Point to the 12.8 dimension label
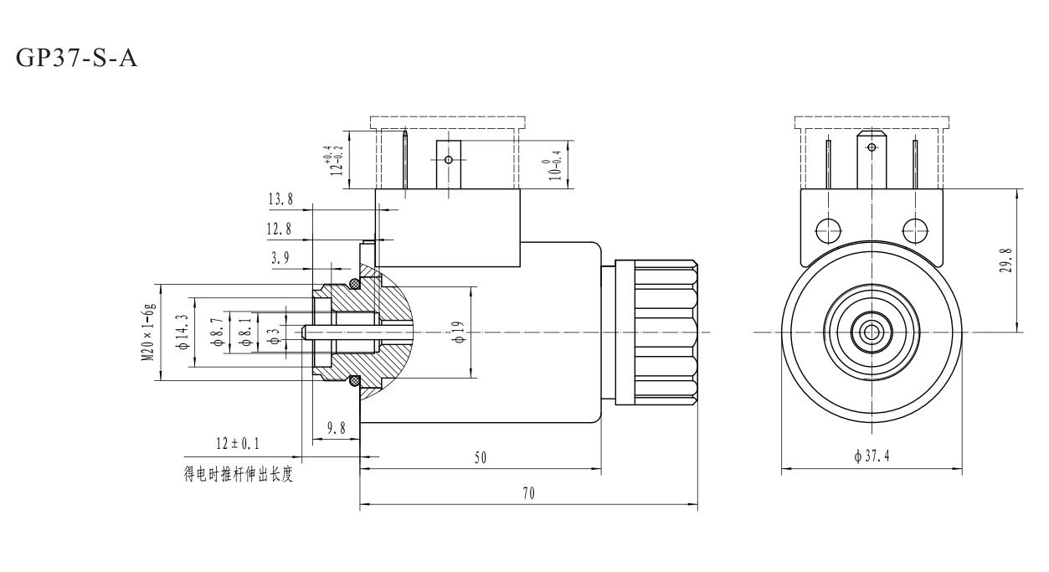tap(280, 229)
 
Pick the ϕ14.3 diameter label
tap(181, 332)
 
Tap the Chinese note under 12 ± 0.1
tap(239, 477)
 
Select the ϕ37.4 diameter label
tap(872, 457)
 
